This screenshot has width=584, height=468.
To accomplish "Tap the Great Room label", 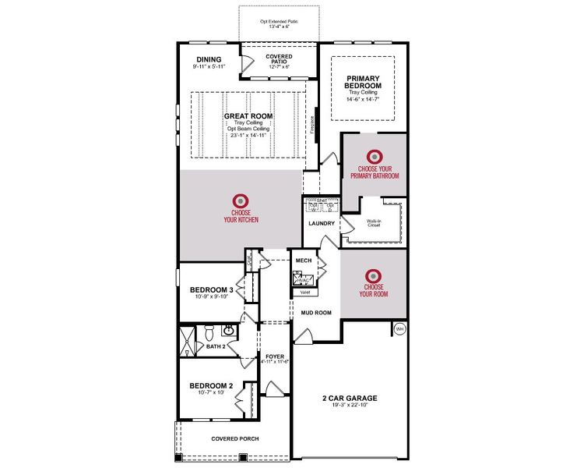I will tap(248, 116).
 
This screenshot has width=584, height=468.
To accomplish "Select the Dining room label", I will tap(209, 59).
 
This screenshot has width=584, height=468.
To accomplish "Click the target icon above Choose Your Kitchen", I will tap(241, 200).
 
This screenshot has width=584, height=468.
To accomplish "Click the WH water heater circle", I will tap(399, 328).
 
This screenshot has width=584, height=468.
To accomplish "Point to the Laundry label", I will tap(321, 224).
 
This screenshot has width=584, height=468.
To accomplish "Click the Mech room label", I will tap(303, 261).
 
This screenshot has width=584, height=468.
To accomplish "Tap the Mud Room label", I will tap(316, 312).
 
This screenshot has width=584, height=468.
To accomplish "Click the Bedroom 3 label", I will tap(213, 289).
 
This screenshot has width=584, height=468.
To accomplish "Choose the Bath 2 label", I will tap(216, 346).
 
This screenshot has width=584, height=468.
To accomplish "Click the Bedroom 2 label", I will tap(212, 385).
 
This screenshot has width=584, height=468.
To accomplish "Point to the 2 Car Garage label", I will tap(349, 397).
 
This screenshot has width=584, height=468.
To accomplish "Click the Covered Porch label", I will tap(235, 438).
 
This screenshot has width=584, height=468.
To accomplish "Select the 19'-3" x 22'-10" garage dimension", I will tap(349, 406).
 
